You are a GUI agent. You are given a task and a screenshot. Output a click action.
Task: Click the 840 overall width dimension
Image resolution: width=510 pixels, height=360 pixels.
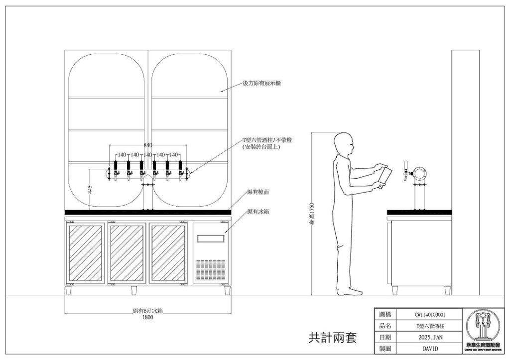click(x=148, y=145)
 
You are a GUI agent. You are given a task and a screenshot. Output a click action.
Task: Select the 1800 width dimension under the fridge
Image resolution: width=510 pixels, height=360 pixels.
click(x=148, y=317)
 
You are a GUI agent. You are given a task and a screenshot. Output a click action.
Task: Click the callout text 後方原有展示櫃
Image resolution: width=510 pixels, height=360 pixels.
click(x=261, y=83)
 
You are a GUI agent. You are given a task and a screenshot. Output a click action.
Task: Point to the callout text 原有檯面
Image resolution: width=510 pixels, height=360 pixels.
click(x=258, y=192)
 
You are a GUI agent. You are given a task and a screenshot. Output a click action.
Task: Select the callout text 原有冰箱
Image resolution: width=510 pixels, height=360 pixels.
click(x=258, y=212)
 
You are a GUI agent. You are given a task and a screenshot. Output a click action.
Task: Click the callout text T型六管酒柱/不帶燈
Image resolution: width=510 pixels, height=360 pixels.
click(x=266, y=140)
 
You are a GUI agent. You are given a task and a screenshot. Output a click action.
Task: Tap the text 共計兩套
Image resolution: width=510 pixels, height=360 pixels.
click(x=332, y=338)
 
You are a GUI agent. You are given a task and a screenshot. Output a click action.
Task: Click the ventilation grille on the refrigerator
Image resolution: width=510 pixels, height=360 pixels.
click(x=209, y=269)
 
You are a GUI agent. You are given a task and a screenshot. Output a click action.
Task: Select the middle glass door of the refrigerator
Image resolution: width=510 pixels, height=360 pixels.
click(x=127, y=252)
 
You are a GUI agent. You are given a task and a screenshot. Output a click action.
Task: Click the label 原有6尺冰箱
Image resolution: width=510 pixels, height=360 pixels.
click(x=148, y=311)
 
